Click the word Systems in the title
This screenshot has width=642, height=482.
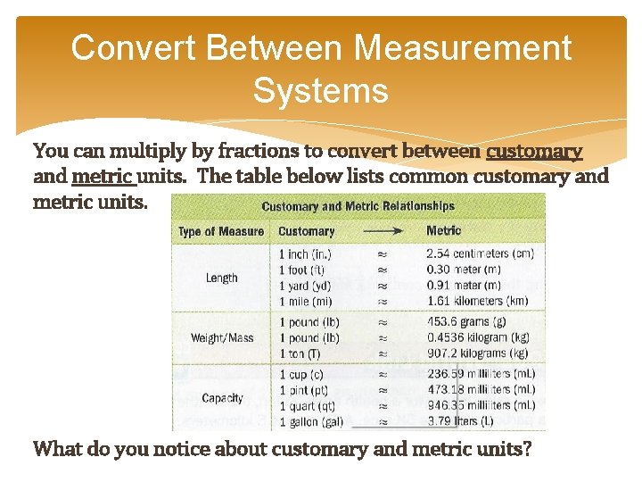click(320, 90)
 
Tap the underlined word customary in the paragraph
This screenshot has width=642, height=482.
click(534, 151)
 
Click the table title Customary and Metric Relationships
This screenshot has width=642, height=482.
click(358, 206)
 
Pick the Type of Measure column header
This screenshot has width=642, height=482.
click(221, 231)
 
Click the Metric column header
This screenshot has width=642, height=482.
click(443, 230)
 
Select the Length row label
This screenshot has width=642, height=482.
click(221, 278)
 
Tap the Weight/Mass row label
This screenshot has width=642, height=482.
click(221, 338)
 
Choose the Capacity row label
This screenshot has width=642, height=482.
click(222, 398)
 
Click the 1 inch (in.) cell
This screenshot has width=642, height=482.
click(306, 254)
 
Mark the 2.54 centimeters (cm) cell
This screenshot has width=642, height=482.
click(480, 254)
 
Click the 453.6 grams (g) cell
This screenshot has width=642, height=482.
click(466, 322)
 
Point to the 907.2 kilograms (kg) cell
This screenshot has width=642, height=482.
click(476, 353)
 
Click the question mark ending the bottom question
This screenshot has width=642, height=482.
click(528, 449)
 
